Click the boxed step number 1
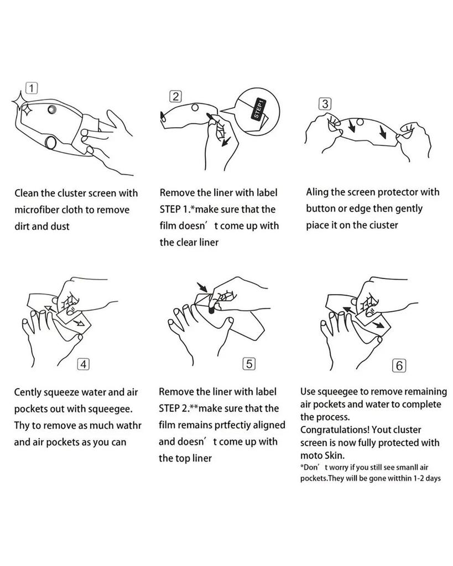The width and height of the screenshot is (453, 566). click(x=32, y=88)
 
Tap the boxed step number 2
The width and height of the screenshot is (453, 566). click(x=175, y=96)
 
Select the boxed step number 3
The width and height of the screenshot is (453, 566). click(x=325, y=104)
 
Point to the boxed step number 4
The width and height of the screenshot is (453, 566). click(x=84, y=364)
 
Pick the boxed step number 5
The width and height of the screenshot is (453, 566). click(x=249, y=364)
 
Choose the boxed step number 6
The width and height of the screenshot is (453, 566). click(x=399, y=366)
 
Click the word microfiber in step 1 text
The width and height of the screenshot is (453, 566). click(x=36, y=209)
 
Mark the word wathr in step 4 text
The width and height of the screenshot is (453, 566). click(x=129, y=426)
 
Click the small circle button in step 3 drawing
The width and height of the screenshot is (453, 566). click(x=360, y=122)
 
